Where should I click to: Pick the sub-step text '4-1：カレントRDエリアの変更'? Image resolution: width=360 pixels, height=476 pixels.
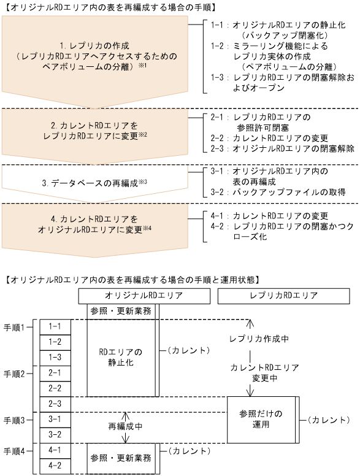click(x=270, y=216)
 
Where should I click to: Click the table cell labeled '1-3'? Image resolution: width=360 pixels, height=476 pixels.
click(x=55, y=357)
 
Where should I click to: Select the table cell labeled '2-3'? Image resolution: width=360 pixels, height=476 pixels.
click(x=55, y=404)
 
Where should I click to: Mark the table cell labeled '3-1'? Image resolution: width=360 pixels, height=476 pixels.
click(x=55, y=420)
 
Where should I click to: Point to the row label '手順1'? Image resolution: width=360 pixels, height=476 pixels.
click(x=14, y=326)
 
